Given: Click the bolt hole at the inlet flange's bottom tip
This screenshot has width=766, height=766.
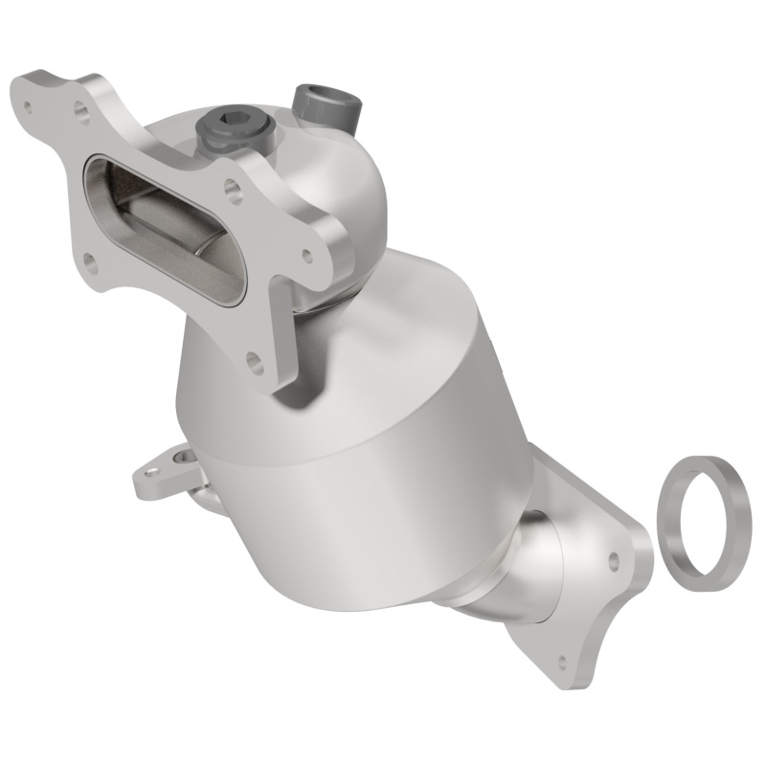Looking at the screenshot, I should (x=253, y=361).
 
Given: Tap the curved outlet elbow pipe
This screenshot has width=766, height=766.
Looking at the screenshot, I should (x=522, y=565).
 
